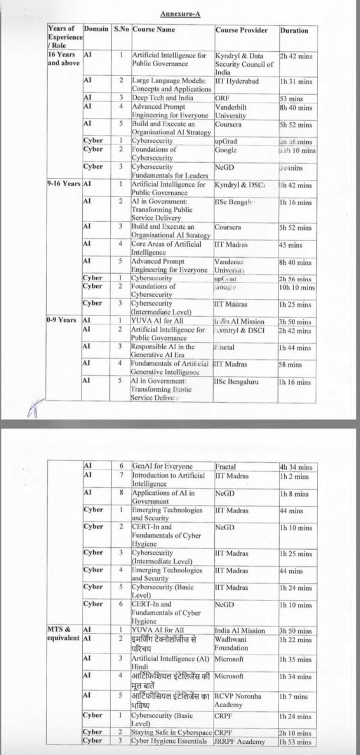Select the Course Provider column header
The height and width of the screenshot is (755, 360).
241,30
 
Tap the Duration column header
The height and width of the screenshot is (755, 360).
294,30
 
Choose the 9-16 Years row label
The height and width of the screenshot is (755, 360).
64,184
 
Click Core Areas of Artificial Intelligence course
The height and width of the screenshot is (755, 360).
166,248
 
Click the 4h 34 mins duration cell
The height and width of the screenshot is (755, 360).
297,467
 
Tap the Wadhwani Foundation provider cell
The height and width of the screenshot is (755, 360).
235,643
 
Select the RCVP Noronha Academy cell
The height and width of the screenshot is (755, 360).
238,700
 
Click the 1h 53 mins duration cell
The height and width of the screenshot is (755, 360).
297,741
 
